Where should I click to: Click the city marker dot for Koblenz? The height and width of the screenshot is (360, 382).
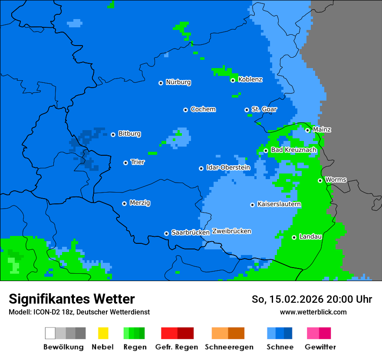click(x=233, y=80)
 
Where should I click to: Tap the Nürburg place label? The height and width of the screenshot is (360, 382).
click(x=178, y=82)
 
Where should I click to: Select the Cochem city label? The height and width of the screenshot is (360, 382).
click(x=203, y=109)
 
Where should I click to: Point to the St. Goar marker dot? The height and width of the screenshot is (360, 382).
click(x=247, y=110)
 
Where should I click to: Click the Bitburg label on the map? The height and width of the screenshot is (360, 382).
click(x=129, y=134)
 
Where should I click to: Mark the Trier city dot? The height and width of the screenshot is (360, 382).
click(x=125, y=163)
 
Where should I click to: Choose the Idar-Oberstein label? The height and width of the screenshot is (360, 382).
click(x=228, y=167)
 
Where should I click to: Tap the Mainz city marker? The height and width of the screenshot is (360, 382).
click(x=307, y=130)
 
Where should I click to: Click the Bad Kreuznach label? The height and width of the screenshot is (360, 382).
click(x=293, y=150)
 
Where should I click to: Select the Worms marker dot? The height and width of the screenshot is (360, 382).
click(x=320, y=180)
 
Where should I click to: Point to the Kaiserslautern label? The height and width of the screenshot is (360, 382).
click(x=279, y=204)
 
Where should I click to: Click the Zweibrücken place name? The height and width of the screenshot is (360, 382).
click(x=232, y=231)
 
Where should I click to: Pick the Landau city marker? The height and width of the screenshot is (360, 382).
click(x=294, y=237)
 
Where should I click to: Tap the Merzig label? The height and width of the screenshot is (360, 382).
click(x=140, y=203)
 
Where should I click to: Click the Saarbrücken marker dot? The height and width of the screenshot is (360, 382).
click(x=166, y=233)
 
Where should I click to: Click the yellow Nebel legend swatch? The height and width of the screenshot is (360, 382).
click(x=103, y=333)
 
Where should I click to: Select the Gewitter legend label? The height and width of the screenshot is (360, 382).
click(x=320, y=347)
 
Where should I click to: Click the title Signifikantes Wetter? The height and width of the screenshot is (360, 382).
click(x=72, y=299)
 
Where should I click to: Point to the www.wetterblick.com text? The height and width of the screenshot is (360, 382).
click(x=313, y=312)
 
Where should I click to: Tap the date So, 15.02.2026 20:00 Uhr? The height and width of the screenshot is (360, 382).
click(x=312, y=300)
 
